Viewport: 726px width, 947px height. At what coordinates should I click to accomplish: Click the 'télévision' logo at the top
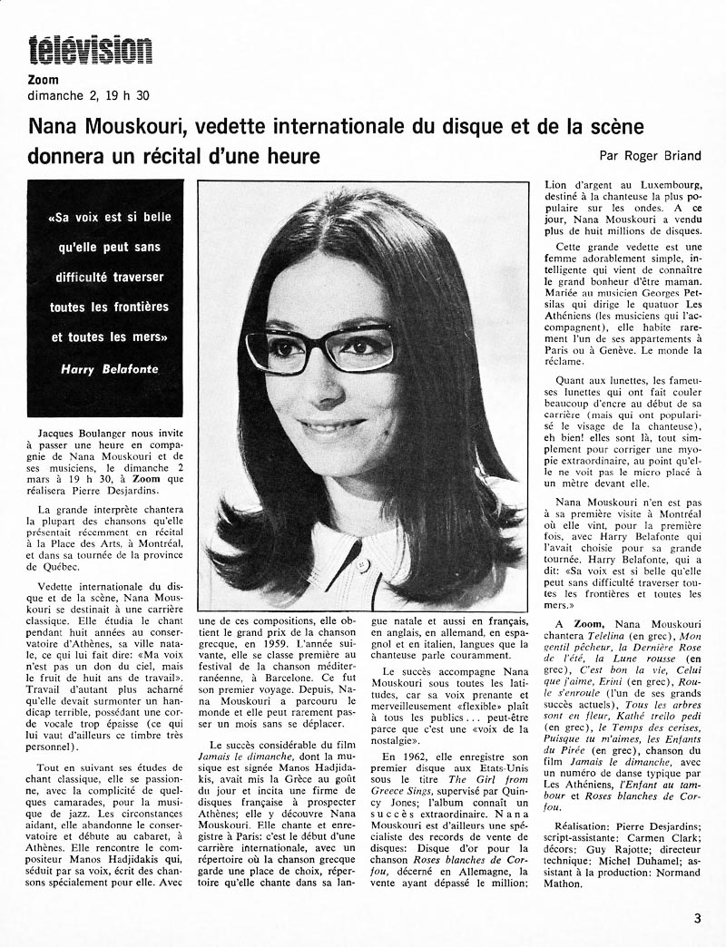point(90,50)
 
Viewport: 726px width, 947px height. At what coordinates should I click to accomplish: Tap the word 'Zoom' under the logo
point(44,80)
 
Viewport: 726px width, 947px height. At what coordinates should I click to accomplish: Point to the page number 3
point(697,917)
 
